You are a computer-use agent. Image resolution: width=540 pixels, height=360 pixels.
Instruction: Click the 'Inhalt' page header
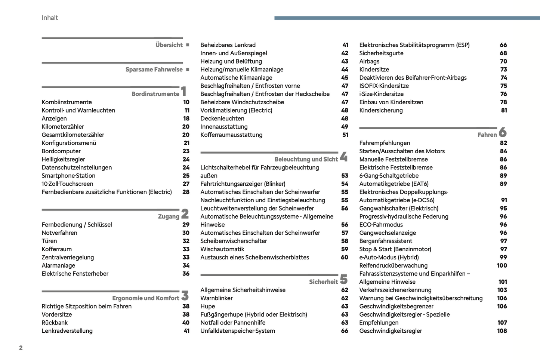(50, 18)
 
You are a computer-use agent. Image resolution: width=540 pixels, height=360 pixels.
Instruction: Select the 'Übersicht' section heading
(169, 45)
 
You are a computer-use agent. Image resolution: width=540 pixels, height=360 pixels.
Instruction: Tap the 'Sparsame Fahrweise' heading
(154, 70)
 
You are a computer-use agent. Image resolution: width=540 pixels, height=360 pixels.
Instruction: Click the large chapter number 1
(183, 91)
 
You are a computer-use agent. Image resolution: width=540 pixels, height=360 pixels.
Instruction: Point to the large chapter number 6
(503, 132)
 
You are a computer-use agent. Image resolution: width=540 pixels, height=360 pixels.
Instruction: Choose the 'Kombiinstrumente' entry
(67, 102)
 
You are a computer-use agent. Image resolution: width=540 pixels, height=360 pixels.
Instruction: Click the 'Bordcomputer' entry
(61, 151)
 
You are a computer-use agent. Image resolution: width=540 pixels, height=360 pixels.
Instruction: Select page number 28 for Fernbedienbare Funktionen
(186, 192)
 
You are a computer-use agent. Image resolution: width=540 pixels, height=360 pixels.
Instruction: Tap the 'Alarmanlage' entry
(58, 265)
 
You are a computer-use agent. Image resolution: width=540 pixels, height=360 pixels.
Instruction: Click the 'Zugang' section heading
(169, 216)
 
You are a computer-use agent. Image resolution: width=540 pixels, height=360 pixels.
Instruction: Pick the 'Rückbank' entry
(55, 323)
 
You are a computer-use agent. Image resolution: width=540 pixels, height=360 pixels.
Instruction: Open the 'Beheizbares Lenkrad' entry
(228, 45)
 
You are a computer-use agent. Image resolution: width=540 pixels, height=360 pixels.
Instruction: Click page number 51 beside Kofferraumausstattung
(345, 135)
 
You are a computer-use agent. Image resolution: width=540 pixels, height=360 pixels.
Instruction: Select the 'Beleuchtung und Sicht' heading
(306, 159)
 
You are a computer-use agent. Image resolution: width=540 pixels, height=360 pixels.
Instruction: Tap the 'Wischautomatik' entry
(222, 249)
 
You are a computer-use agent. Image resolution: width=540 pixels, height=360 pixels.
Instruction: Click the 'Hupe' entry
(207, 306)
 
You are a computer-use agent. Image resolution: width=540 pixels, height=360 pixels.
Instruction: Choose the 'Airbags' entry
(369, 61)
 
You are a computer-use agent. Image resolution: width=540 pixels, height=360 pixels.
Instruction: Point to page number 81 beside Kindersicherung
(504, 110)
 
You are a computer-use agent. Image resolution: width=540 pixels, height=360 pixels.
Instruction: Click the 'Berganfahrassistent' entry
(386, 241)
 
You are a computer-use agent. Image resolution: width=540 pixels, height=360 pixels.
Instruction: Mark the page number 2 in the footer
(21, 348)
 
